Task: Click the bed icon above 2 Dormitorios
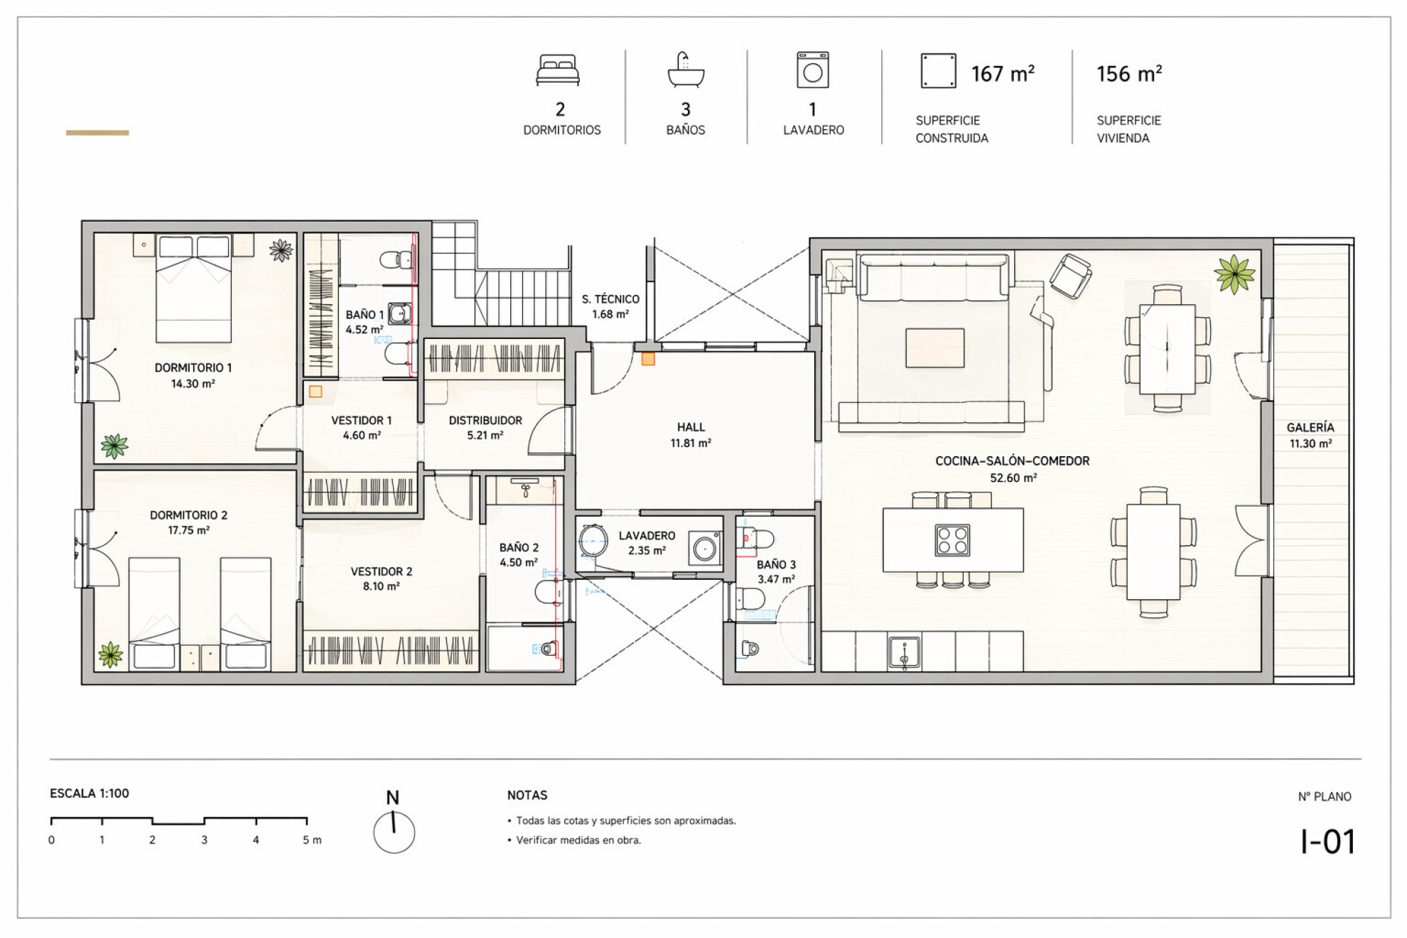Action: tap(558, 70)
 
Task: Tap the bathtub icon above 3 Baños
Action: tap(686, 70)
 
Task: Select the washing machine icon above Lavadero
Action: tap(813, 70)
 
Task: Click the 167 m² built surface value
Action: tap(1003, 74)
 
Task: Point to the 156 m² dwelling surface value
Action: tap(1129, 74)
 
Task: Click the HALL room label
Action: tap(691, 427)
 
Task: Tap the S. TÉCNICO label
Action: tap(610, 299)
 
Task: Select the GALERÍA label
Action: tap(1310, 427)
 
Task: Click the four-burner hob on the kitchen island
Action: tap(952, 539)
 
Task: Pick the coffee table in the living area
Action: tap(934, 347)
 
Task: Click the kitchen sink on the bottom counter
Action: tap(904, 652)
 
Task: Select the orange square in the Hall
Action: tap(648, 360)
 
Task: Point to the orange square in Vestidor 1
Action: tap(316, 392)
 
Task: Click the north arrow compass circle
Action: tap(394, 833)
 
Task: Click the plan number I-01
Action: tap(1327, 842)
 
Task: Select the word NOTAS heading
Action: tap(527, 795)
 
